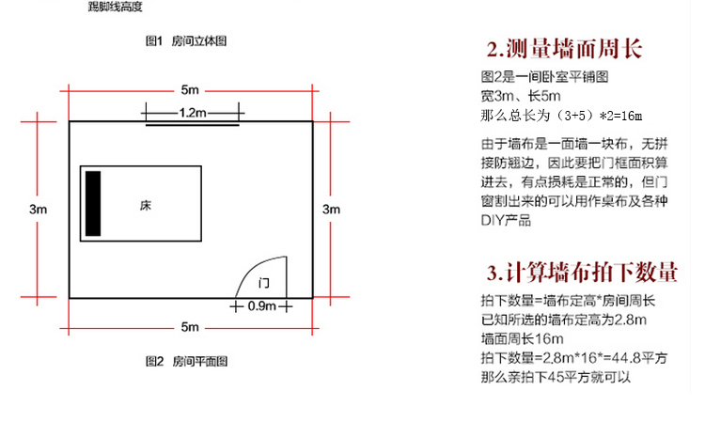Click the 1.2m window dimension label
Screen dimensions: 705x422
193,113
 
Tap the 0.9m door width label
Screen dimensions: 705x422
261,306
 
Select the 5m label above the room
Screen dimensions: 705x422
190,90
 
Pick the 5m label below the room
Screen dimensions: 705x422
190,327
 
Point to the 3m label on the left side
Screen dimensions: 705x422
38,209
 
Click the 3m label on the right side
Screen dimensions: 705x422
332,209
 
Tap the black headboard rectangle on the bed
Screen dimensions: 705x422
93,204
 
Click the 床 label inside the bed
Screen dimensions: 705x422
145,206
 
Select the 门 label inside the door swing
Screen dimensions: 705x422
264,283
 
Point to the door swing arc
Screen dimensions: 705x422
252,267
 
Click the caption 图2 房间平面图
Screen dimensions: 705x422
186,361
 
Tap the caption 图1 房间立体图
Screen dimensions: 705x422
186,41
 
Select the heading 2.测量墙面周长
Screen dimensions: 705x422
564,49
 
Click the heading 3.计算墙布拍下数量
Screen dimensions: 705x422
582,273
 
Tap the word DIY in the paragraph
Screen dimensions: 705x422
493,221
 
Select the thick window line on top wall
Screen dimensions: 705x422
193,124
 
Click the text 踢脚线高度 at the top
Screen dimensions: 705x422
115,7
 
